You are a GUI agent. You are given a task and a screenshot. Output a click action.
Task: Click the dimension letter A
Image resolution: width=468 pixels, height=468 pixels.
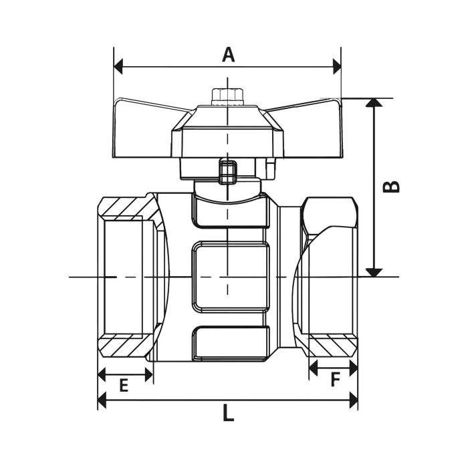pyautogui.click(x=229, y=55)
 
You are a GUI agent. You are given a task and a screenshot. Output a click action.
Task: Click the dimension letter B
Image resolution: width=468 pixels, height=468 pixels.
pyautogui.click(x=391, y=187)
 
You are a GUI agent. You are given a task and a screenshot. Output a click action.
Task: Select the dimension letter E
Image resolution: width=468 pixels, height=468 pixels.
pyautogui.click(x=124, y=385)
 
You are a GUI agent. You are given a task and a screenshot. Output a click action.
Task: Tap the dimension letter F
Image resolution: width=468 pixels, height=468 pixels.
pyautogui.click(x=336, y=380)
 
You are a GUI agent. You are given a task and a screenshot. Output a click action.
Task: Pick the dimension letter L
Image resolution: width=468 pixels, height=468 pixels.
pyautogui.click(x=229, y=413)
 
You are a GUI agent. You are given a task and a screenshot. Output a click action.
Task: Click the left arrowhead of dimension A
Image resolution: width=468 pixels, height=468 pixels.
pyautogui.click(x=118, y=67)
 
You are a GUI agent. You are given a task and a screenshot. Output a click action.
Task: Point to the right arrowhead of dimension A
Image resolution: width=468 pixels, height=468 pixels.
pyautogui.click(x=337, y=67)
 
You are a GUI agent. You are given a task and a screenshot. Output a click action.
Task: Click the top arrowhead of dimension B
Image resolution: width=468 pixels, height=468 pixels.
pyautogui.click(x=374, y=102)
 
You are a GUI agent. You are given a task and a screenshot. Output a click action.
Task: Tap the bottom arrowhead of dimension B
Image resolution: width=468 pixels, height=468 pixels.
pyautogui.click(x=374, y=273)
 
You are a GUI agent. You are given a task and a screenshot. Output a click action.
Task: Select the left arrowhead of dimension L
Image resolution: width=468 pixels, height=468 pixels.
pyautogui.click(x=102, y=400)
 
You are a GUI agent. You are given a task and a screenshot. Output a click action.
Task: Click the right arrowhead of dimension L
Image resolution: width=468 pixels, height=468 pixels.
pyautogui.click(x=354, y=400)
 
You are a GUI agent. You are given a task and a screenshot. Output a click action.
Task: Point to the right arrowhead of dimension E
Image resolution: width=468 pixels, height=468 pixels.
pyautogui.click(x=149, y=374)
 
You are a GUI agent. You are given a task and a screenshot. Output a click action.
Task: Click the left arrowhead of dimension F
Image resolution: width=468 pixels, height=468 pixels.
pyautogui.click(x=313, y=368)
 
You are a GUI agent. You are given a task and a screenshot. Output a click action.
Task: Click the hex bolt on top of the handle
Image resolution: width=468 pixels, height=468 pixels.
pyautogui.click(x=227, y=96)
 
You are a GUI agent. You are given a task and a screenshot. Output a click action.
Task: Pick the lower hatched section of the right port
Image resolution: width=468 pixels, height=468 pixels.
pyautogui.click(x=333, y=346)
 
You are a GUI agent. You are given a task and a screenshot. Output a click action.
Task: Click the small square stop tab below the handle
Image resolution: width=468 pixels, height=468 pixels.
pyautogui.click(x=228, y=171)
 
